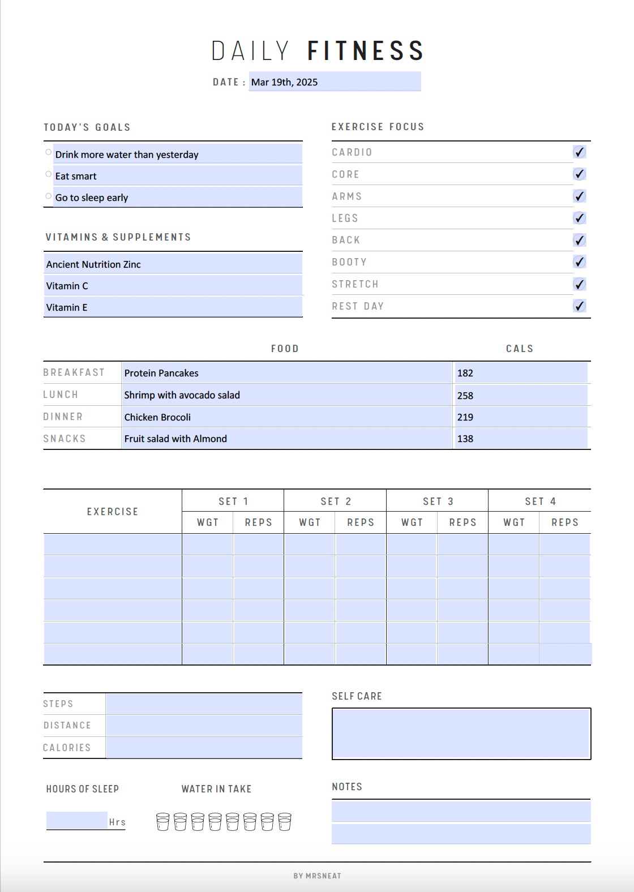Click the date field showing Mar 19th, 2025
[334, 82]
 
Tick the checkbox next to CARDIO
[579, 152]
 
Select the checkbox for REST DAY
[579, 306]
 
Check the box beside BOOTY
[579, 262]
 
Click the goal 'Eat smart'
[177, 176]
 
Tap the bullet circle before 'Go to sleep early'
[49, 196]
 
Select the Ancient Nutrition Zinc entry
[173, 264]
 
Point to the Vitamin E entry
[173, 307]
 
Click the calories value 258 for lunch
[520, 395]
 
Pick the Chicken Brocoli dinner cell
[286, 417]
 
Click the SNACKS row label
[65, 439]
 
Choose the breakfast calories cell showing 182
[520, 373]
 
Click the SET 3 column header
[438, 501]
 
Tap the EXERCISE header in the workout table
[113, 512]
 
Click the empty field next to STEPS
[204, 704]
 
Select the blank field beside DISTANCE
[204, 726]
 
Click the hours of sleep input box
[77, 820]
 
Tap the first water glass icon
[162, 822]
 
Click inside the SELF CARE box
[461, 734]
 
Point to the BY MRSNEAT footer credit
[317, 876]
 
